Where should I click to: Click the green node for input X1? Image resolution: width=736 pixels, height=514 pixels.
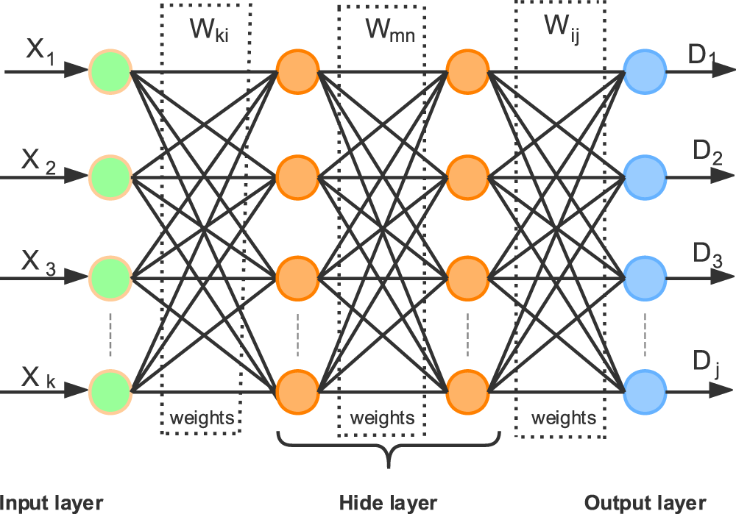coord(110,71)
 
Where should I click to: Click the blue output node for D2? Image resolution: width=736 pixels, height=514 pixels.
coord(644,177)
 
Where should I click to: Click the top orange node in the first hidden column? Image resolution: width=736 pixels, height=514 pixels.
coord(297,71)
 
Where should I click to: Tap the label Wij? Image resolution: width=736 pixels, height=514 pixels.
coord(561,28)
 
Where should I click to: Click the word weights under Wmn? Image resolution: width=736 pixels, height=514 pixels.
coord(382,418)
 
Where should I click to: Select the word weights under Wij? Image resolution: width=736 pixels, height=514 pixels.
coord(563,418)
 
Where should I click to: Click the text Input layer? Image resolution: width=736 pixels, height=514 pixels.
coord(52,503)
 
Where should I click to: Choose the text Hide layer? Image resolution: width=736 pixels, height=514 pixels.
coord(388,503)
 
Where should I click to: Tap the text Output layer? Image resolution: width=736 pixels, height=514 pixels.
coord(645,503)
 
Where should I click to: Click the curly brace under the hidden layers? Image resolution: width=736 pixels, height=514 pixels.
coord(388,450)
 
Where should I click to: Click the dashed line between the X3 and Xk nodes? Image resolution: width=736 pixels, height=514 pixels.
coord(110,334)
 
